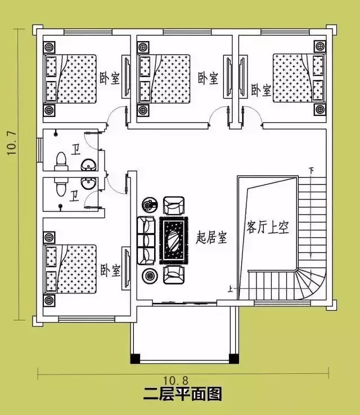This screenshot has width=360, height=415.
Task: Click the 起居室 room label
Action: [211, 238]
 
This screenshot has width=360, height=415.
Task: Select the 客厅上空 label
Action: [267, 227]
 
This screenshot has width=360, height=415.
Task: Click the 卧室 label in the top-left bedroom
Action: [110, 78]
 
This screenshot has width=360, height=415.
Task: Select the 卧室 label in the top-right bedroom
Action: [261, 90]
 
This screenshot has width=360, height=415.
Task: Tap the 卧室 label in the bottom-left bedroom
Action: [110, 270]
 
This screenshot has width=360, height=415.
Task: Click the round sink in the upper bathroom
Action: [88, 166]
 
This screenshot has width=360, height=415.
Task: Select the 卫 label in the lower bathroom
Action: [74, 196]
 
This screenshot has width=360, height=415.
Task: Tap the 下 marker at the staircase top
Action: [311, 169]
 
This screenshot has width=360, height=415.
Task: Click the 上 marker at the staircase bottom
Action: [230, 289]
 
